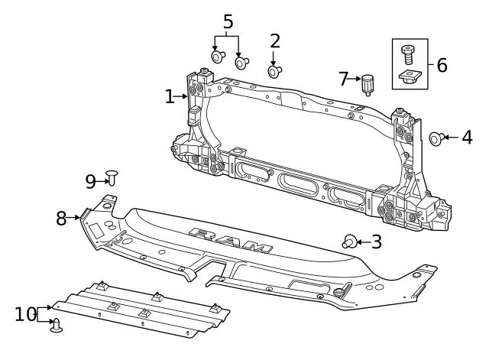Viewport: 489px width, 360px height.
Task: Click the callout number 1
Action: point(169,96)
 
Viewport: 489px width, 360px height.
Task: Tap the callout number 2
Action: point(275,41)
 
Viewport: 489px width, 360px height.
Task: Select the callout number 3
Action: point(375,242)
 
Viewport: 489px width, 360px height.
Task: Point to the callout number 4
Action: point(466,138)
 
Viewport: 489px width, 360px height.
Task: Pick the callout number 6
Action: point(442,64)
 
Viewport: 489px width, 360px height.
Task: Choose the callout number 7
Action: point(343,78)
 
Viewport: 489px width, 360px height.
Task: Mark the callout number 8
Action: point(61,218)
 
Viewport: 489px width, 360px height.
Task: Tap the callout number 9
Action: point(91,181)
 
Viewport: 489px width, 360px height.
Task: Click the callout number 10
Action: point(25,314)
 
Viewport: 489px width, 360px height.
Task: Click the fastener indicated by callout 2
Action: point(274,72)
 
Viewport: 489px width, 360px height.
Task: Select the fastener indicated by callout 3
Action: point(348,242)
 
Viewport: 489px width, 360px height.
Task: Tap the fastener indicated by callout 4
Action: point(436,138)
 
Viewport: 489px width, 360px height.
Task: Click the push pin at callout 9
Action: point(112,178)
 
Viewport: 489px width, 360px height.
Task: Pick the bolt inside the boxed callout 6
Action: point(409,53)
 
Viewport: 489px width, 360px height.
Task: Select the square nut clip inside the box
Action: point(410,76)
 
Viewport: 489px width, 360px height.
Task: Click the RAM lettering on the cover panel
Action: point(229,240)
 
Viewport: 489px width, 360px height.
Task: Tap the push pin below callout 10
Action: point(56,326)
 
